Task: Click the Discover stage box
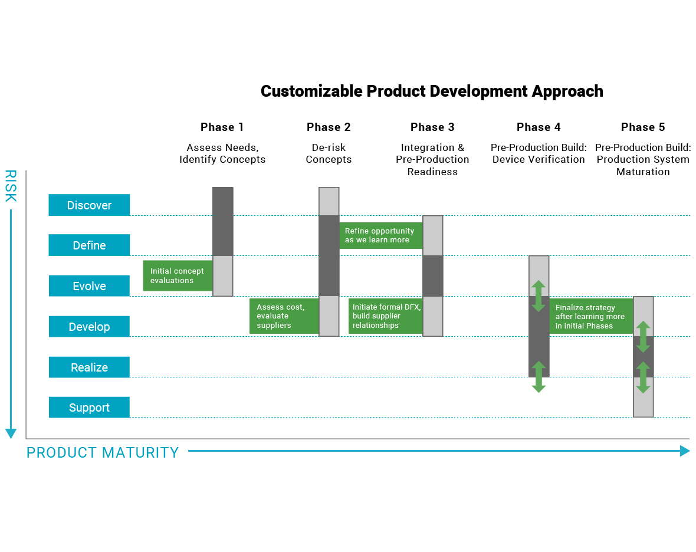click(x=89, y=205)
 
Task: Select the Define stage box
click(x=89, y=245)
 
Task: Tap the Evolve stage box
click(x=89, y=286)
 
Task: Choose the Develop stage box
click(x=89, y=327)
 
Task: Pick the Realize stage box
click(x=89, y=367)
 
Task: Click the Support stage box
click(x=89, y=408)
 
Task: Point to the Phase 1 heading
click(x=222, y=127)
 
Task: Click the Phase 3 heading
click(x=432, y=127)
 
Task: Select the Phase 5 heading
click(x=643, y=127)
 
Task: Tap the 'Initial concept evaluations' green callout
click(x=178, y=275)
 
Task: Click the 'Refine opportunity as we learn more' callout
click(x=381, y=236)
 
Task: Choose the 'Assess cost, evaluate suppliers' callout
click(x=284, y=316)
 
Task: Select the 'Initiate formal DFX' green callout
click(x=386, y=316)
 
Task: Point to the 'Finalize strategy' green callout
click(x=591, y=316)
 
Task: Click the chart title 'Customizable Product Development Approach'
click(x=432, y=91)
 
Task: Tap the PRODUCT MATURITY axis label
click(x=103, y=452)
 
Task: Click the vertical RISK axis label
click(x=11, y=186)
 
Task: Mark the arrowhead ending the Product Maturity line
click(x=685, y=451)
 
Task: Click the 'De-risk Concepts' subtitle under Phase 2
click(x=329, y=153)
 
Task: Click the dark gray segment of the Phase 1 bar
click(x=223, y=221)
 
